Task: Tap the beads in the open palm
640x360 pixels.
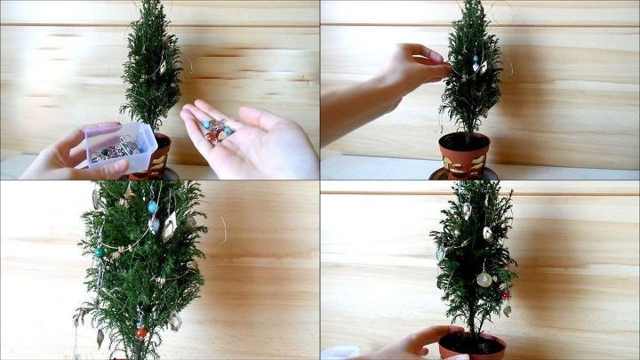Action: click(x=215, y=130)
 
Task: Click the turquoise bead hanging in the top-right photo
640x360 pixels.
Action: click(x=475, y=60)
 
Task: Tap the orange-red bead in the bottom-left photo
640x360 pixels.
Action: click(x=140, y=332)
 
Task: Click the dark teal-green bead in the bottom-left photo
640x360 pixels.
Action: click(x=100, y=252)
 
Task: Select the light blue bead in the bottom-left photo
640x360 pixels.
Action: click(x=152, y=207)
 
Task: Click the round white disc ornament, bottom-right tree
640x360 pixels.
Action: click(x=484, y=279)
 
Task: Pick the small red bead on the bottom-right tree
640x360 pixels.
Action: click(x=505, y=293)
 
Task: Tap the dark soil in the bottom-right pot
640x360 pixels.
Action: click(x=471, y=341)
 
